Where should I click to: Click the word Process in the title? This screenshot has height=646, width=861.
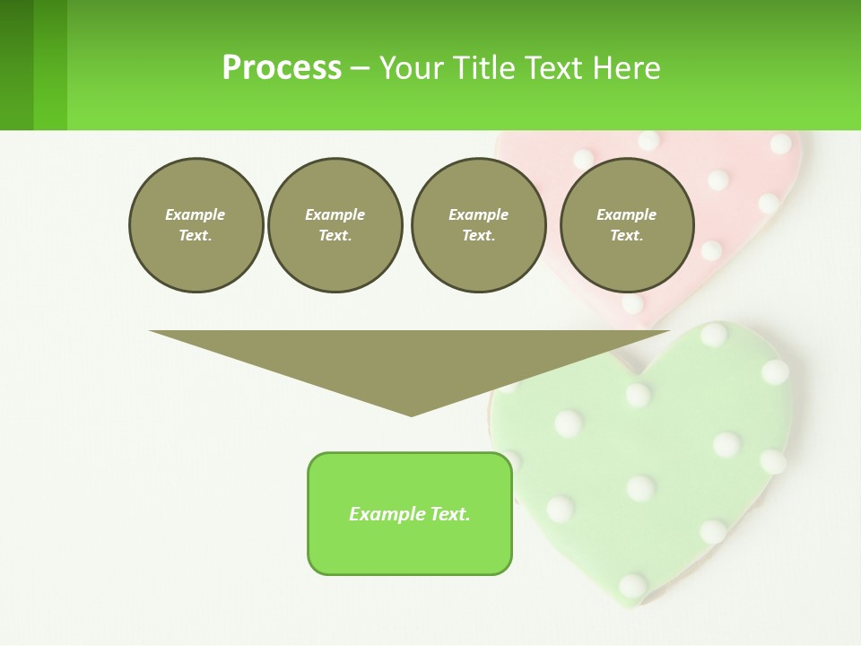point(282,67)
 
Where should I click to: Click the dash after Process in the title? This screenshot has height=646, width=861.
point(359,69)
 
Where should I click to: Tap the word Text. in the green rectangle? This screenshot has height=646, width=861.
point(449,514)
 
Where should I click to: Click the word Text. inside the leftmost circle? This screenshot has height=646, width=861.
point(196,236)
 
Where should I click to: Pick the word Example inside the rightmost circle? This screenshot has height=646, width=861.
point(626,214)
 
